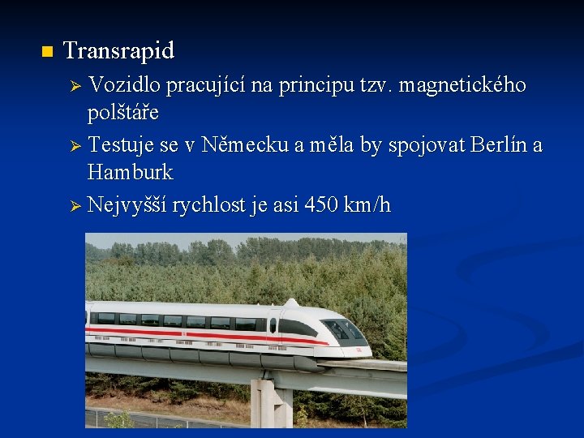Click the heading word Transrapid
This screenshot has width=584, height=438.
coord(118,51)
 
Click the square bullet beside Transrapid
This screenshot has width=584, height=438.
coord(45,53)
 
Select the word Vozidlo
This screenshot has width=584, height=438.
coord(125,84)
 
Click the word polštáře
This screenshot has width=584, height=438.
coord(123,111)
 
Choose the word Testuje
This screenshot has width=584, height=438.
coord(122,146)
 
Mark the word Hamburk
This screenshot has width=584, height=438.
coord(130,173)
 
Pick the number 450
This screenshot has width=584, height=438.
coord(322,205)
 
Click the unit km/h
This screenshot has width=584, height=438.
coord(367,205)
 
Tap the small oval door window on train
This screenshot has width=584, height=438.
coord(273,324)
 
